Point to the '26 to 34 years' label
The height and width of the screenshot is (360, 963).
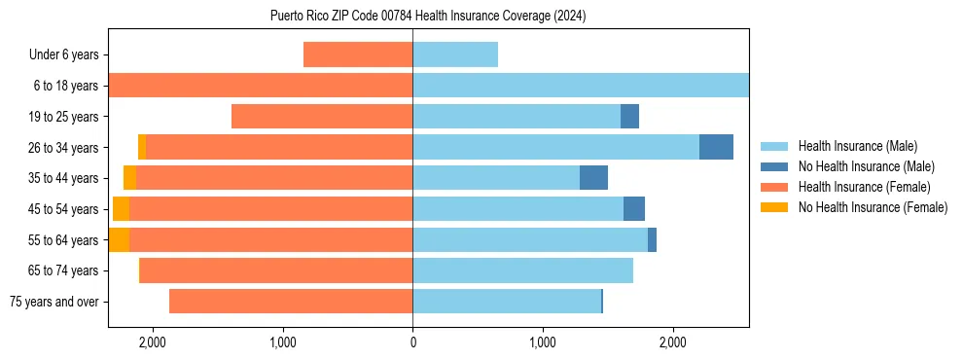[x=65, y=148]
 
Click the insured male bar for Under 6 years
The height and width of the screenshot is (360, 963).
[x=455, y=54]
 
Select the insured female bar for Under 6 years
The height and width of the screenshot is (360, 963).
[x=358, y=54]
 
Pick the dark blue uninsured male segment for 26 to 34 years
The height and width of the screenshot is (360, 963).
[x=716, y=147]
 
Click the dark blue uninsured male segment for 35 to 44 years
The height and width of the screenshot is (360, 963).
[x=593, y=178]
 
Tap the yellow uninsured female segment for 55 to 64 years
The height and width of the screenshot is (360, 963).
[x=119, y=239]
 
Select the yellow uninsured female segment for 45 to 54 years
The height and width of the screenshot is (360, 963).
[x=121, y=208]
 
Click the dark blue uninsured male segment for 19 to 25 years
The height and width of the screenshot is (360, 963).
[x=629, y=117]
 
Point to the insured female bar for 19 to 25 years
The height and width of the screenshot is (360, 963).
[x=322, y=117]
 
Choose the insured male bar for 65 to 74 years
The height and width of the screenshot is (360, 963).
[x=522, y=270]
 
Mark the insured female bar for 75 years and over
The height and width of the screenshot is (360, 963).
[x=291, y=302]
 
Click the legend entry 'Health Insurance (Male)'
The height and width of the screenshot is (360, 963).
[x=857, y=146]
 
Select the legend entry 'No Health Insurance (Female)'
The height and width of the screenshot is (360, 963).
[x=873, y=207]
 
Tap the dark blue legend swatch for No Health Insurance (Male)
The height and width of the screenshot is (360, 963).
[x=775, y=166]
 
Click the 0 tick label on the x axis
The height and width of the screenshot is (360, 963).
[x=412, y=342]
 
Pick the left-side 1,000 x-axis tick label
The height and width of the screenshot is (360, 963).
[x=282, y=342]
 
